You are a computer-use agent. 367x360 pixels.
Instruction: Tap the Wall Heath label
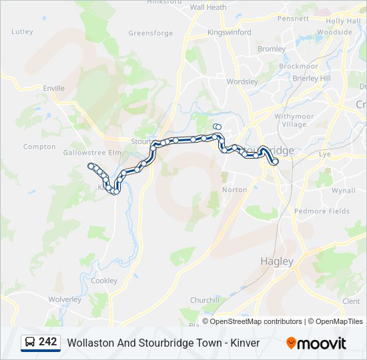(208, 7)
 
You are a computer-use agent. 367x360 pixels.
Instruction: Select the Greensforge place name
(150, 33)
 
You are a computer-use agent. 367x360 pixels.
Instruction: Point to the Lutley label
(22, 31)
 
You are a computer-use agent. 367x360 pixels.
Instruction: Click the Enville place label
(53, 88)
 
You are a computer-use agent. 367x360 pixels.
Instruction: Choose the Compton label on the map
(39, 147)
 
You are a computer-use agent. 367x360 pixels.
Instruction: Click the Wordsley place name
(242, 82)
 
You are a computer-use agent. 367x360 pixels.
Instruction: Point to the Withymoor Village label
(294, 120)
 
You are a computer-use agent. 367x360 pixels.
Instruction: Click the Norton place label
(235, 189)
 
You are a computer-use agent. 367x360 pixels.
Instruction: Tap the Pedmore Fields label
(322, 211)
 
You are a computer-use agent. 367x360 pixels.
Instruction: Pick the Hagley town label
(276, 261)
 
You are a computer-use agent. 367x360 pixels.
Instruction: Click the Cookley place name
(103, 281)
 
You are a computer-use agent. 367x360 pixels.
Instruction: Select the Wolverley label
(65, 299)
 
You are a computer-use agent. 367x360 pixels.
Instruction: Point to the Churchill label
(205, 300)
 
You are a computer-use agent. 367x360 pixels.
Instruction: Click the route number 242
(47, 342)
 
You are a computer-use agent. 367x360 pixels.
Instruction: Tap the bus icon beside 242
(30, 343)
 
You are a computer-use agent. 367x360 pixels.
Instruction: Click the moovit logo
(316, 343)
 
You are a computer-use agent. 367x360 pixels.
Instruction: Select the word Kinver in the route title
(244, 343)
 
